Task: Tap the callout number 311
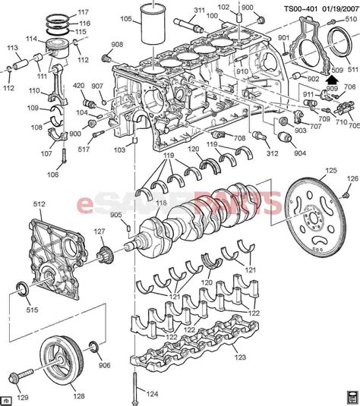[x=200, y=11]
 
